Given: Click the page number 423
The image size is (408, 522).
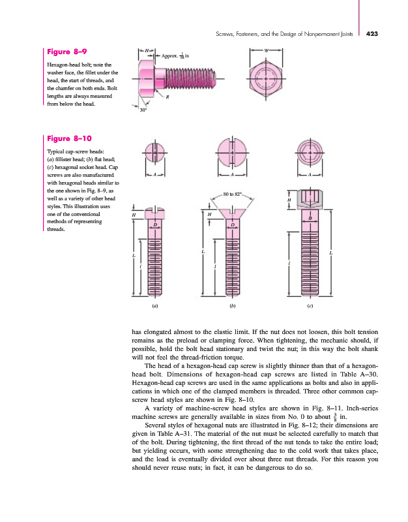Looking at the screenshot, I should click(377, 34).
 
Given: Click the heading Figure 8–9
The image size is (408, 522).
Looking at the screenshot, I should click(68, 51).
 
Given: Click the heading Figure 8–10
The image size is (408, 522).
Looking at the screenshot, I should click(70, 138).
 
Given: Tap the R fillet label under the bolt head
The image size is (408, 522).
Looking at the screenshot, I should click(168, 96).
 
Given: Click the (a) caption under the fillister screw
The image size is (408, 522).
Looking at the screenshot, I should click(154, 305).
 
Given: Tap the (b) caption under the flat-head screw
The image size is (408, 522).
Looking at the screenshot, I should click(232, 305).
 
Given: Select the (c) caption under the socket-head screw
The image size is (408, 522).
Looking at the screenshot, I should click(311, 305).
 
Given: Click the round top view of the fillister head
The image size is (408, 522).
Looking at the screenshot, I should click(154, 154).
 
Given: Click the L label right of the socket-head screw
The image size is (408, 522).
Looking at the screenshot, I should click(332, 252).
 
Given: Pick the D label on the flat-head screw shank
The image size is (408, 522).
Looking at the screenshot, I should click(232, 225).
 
